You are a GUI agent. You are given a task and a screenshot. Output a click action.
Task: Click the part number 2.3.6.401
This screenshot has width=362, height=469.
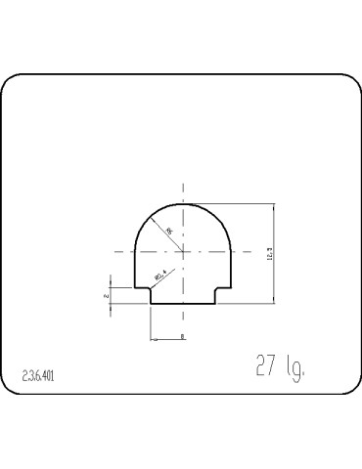[38, 375]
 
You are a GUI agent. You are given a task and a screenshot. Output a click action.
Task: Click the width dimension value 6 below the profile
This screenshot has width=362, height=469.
[182, 336]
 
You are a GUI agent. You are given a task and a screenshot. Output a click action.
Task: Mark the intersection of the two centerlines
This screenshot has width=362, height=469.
[182, 252]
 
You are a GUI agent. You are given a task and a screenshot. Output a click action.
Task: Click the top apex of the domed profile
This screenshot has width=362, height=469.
[182, 204]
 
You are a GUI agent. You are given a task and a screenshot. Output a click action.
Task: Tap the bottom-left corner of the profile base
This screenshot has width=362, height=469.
[151, 303]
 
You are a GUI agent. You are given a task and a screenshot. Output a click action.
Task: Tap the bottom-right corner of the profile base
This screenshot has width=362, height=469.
[213, 303]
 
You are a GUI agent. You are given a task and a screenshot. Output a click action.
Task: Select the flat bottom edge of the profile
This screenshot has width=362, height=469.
[182, 303]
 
